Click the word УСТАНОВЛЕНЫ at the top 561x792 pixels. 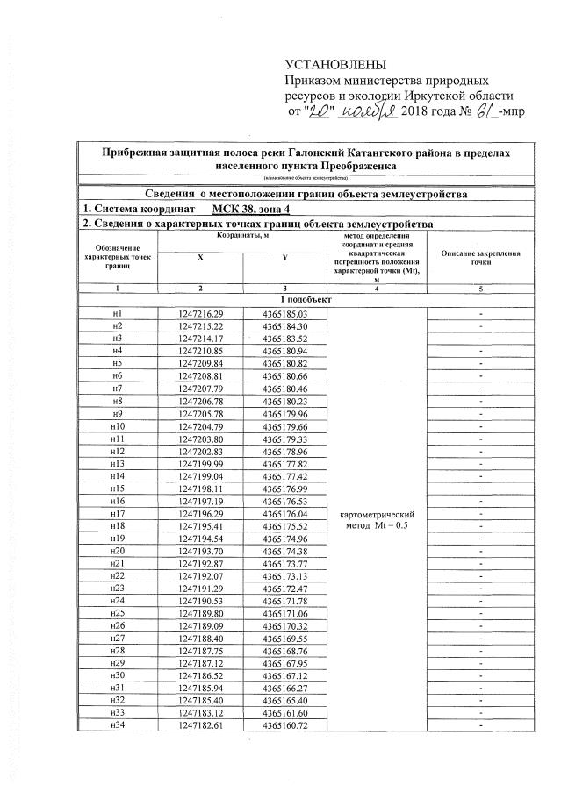click(x=335, y=63)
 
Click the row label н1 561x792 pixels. click(x=118, y=314)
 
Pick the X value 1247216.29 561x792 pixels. click(x=201, y=314)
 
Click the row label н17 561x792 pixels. click(x=118, y=513)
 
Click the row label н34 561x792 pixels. click(x=118, y=725)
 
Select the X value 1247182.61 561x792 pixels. click(x=201, y=725)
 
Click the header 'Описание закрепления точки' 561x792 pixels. click(x=480, y=258)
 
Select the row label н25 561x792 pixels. click(x=118, y=613)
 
